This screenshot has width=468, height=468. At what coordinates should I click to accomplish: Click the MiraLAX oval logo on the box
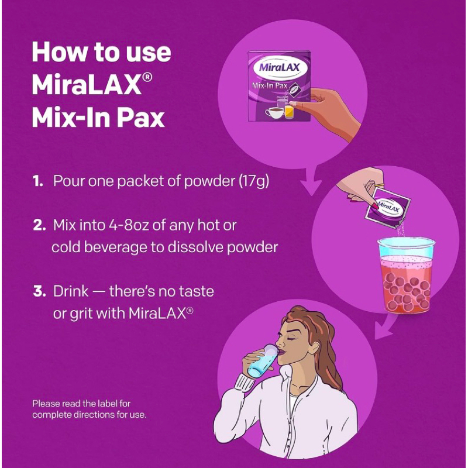tap(276, 67)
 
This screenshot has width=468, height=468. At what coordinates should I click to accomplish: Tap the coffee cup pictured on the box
tap(274, 112)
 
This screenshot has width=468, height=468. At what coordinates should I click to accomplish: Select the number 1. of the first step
tap(38, 181)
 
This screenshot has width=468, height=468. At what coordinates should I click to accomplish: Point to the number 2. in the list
tap(39, 225)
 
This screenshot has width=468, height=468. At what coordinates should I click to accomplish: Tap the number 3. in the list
tap(39, 291)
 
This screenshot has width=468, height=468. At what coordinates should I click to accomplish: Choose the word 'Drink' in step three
tap(71, 291)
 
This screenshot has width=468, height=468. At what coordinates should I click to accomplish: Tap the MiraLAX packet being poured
tap(387, 208)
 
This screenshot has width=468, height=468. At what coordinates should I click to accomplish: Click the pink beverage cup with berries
tap(407, 275)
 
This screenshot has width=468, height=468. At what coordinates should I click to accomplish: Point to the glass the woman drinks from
tap(263, 360)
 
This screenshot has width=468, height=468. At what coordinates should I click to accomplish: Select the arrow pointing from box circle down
tap(312, 182)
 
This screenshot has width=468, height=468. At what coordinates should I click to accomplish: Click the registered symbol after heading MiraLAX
tap(147, 77)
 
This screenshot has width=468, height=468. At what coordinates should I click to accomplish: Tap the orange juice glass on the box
tap(289, 111)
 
